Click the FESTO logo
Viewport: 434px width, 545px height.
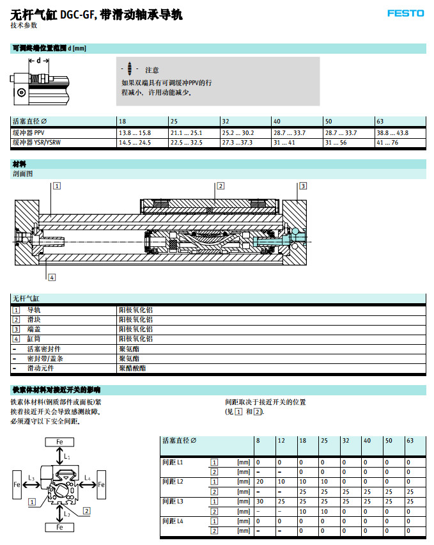[x=405, y=13]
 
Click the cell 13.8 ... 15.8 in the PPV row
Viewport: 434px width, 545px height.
[x=134, y=133]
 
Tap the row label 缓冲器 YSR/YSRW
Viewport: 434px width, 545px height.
[x=38, y=143]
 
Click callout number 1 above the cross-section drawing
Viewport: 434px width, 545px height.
[x=57, y=186]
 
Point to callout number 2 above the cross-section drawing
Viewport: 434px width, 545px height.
[x=221, y=186]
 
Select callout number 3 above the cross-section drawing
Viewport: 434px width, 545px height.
[x=303, y=186]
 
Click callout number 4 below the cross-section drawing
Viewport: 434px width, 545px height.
[x=52, y=277]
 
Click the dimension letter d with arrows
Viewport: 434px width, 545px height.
[x=38, y=61]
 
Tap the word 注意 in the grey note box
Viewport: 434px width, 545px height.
[x=152, y=70]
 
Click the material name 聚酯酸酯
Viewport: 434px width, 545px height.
[x=132, y=368]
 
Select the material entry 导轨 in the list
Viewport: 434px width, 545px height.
[x=33, y=310]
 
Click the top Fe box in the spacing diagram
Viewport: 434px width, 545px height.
[x=59, y=442]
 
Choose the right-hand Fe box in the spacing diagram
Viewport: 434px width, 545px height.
[x=100, y=486]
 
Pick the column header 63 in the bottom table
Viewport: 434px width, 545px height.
[x=410, y=441]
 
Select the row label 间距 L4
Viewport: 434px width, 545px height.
[x=173, y=521]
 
